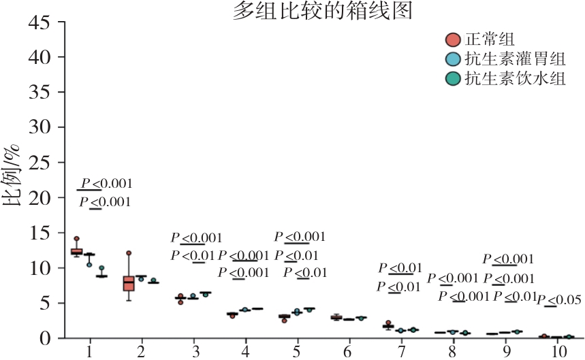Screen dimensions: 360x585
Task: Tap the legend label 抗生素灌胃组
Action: coord(514,59)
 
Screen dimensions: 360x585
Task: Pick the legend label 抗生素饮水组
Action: coord(514,79)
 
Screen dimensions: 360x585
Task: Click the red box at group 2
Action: coord(128,282)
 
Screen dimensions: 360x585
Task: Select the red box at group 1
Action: coord(76,252)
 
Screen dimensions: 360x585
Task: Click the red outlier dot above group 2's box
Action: coord(129,253)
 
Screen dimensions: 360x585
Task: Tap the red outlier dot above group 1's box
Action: coord(76,239)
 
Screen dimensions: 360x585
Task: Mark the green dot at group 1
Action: coord(101,269)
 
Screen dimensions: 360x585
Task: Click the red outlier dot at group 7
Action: coord(388,323)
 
